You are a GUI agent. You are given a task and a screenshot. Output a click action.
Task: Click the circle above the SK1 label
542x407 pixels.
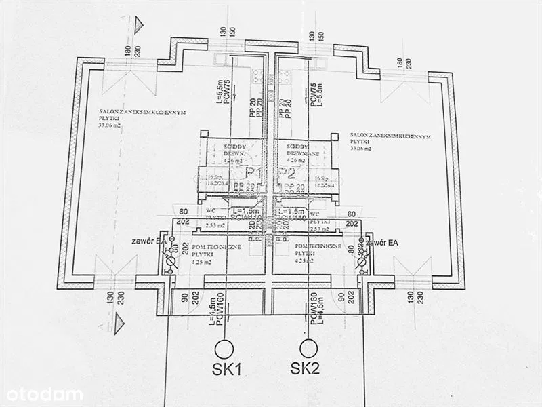coord(223,349)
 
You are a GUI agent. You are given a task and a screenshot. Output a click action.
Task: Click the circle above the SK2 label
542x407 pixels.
coord(309,349)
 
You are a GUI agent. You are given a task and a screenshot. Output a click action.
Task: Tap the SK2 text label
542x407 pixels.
coord(305,369)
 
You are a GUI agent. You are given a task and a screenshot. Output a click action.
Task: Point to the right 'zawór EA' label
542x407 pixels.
coord(383,241)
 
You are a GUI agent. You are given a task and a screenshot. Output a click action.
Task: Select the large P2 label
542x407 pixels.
coord(288,172)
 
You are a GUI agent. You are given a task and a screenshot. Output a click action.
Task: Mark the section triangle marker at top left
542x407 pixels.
coord(139,25)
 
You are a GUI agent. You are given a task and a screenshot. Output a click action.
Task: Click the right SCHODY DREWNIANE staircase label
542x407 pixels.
coord(298,149)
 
